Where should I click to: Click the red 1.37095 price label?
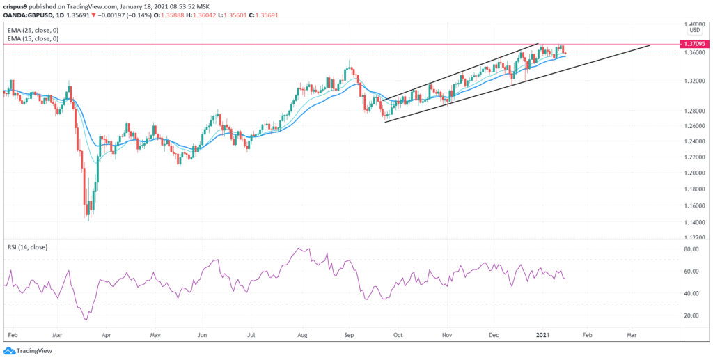point(694,43)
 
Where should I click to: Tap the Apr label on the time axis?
point(107,335)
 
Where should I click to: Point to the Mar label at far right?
point(631,335)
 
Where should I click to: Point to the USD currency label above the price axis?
point(694,30)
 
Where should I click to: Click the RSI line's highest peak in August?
point(299,248)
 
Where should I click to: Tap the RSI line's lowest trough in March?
point(86,320)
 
